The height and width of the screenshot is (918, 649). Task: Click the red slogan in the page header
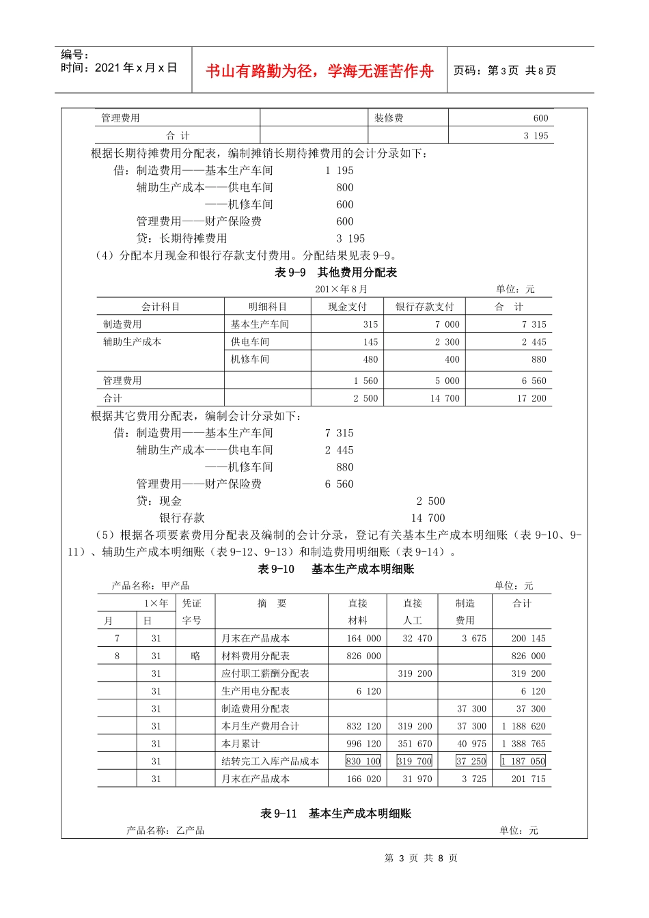pyautogui.click(x=320, y=71)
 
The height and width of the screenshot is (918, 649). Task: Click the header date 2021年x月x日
pyautogui.click(x=119, y=68)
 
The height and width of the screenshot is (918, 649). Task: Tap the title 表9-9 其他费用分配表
pyautogui.click(x=335, y=273)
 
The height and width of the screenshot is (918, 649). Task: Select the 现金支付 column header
pyautogui.click(x=347, y=307)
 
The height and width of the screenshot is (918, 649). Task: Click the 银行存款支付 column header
pyautogui.click(x=424, y=307)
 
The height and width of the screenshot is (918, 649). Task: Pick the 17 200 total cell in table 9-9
pyautogui.click(x=531, y=398)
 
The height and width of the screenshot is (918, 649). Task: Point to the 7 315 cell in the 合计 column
pyautogui.click(x=534, y=324)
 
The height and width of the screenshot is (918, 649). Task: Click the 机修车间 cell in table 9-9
pyautogui.click(x=250, y=359)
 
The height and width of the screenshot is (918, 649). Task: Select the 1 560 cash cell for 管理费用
pyautogui.click(x=365, y=380)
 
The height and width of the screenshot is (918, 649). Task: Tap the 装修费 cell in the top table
pyautogui.click(x=389, y=118)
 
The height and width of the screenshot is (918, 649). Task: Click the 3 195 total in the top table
pyautogui.click(x=536, y=135)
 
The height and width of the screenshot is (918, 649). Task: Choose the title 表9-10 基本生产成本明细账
pyautogui.click(x=335, y=569)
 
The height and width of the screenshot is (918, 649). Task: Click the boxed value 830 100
pyautogui.click(x=363, y=761)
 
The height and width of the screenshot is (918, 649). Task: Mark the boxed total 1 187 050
pyautogui.click(x=523, y=761)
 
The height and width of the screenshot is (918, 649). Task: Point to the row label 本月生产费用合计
pyautogui.click(x=260, y=726)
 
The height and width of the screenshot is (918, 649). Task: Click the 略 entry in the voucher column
pyautogui.click(x=195, y=656)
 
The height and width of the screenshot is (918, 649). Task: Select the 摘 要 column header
pyautogui.click(x=272, y=603)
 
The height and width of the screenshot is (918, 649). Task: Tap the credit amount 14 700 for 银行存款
pyautogui.click(x=428, y=518)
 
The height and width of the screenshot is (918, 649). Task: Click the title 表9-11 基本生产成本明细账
pyautogui.click(x=335, y=813)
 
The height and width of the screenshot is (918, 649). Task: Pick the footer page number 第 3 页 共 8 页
pyautogui.click(x=421, y=858)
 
